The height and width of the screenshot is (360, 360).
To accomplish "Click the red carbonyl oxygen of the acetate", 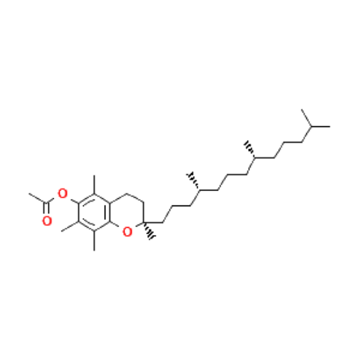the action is click(x=47, y=221).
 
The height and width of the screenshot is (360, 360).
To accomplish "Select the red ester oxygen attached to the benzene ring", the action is click(x=62, y=193).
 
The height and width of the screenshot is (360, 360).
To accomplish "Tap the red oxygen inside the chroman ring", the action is click(x=128, y=232).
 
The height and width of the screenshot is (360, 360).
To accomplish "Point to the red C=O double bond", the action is click(x=46, y=209).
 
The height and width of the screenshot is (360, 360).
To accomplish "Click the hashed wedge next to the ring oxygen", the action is click(x=149, y=231).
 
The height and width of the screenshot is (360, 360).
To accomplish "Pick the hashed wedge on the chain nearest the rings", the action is click(x=193, y=181).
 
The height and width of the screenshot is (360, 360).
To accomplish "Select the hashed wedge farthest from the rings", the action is click(x=250, y=149).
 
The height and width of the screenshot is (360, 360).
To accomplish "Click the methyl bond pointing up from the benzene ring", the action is click(x=94, y=185).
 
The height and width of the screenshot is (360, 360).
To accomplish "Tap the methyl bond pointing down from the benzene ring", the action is click(x=94, y=241).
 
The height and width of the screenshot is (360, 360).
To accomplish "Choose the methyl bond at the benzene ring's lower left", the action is click(x=70, y=226).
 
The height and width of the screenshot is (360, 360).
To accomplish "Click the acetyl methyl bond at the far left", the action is click(x=38, y=198).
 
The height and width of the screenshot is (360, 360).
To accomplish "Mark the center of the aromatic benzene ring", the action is click(x=94, y=213).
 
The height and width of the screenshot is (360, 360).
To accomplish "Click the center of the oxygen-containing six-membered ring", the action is click(x=127, y=213).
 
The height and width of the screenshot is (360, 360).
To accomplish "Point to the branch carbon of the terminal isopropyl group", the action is click(x=312, y=126).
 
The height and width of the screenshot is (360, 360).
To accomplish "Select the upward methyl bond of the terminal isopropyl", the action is click(x=306, y=118).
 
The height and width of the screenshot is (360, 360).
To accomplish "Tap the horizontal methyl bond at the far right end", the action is click(x=321, y=126).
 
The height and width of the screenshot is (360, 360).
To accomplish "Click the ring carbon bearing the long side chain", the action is click(x=143, y=223).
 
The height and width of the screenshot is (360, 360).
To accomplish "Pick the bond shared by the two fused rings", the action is click(x=110, y=213).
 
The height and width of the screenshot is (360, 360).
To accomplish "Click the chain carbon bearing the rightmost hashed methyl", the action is click(x=255, y=158).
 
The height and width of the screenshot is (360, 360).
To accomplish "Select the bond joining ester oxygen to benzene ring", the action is click(x=75, y=201).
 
